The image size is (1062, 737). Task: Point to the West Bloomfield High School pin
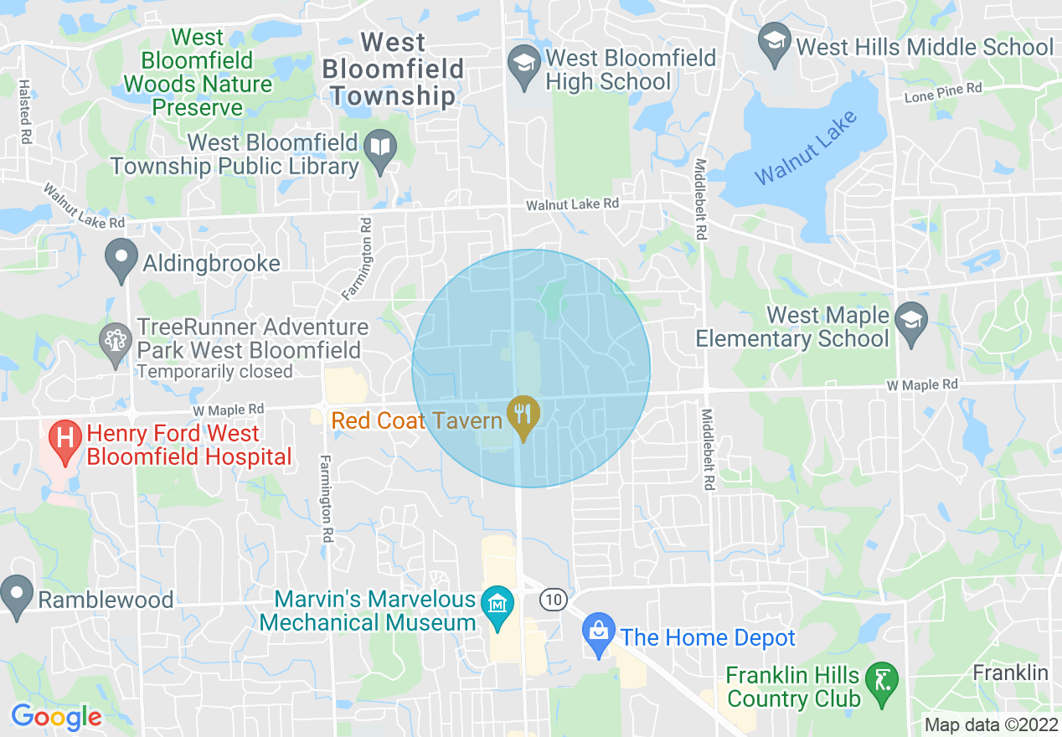click(x=525, y=66)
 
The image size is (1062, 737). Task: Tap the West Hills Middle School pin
click(x=775, y=44)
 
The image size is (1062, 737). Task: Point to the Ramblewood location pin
click(x=16, y=595)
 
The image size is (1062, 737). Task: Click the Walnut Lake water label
click(x=806, y=148)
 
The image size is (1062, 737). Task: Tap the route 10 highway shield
click(x=553, y=600)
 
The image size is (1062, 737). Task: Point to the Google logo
click(x=56, y=717)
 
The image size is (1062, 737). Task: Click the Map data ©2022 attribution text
click(x=991, y=724)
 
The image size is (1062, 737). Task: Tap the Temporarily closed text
click(x=214, y=371)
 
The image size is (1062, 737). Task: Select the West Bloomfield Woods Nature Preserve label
click(x=198, y=73)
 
